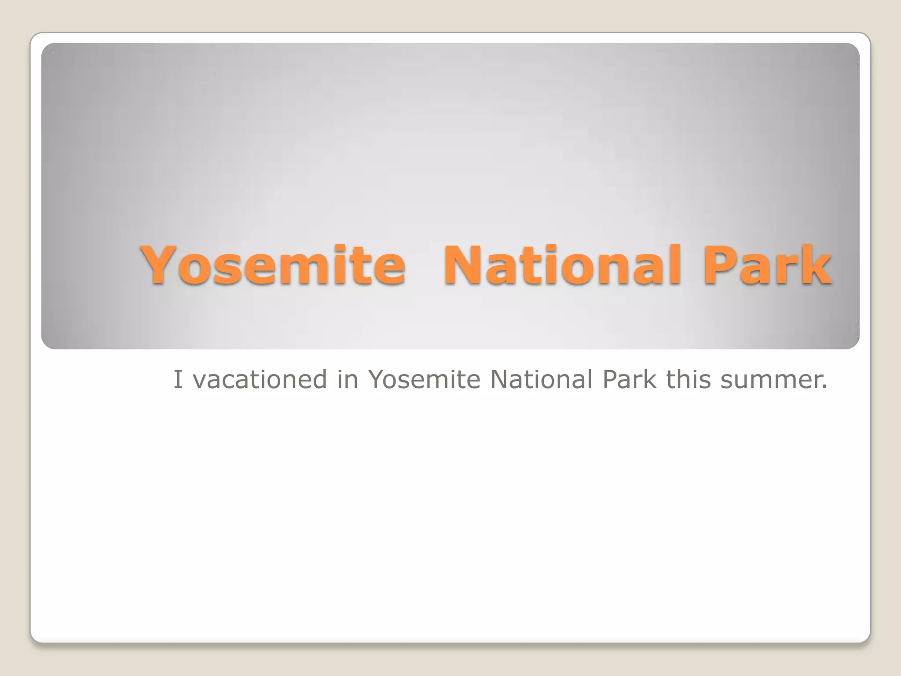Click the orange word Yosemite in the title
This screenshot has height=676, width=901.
tap(273, 265)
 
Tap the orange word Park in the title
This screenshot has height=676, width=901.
tap(767, 265)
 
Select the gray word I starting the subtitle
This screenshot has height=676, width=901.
tap(177, 379)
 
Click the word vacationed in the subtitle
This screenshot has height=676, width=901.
tap(260, 379)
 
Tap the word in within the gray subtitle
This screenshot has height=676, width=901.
tap(348, 379)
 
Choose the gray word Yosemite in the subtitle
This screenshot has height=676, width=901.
tap(424, 379)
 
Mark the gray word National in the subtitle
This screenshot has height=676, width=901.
tap(541, 379)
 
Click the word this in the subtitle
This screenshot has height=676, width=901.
tap(688, 379)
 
